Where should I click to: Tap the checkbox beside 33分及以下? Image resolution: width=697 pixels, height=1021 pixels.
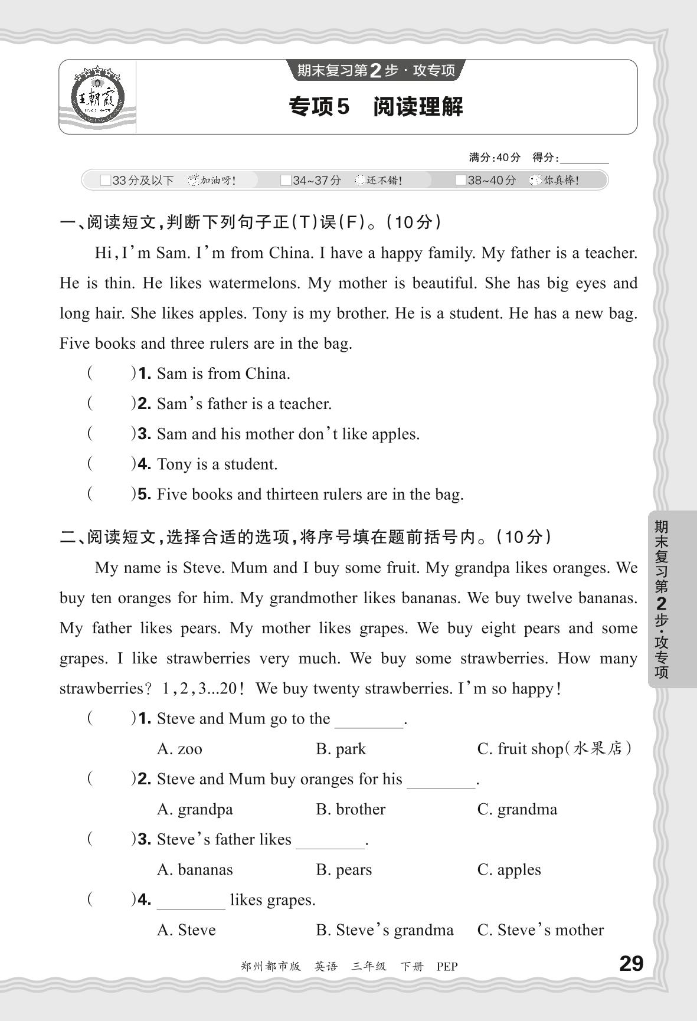105,181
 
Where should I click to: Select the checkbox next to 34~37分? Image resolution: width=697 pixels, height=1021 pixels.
286,181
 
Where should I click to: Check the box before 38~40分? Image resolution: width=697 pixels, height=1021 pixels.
461,181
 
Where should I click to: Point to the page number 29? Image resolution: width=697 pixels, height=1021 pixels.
631,964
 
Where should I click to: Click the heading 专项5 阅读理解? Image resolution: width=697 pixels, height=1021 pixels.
376,107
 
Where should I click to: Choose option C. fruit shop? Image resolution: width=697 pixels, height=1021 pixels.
554,749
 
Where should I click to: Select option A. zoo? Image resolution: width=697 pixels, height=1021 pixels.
179,749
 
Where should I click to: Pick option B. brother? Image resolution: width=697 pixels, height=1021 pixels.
351,809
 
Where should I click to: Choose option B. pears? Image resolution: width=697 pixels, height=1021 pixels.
344,870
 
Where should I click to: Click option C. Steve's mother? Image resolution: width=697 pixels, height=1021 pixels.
540,930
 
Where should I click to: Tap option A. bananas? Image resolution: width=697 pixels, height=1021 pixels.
195,870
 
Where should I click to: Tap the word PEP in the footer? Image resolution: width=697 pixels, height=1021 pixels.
447,967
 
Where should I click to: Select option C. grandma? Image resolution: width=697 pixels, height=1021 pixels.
517,809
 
